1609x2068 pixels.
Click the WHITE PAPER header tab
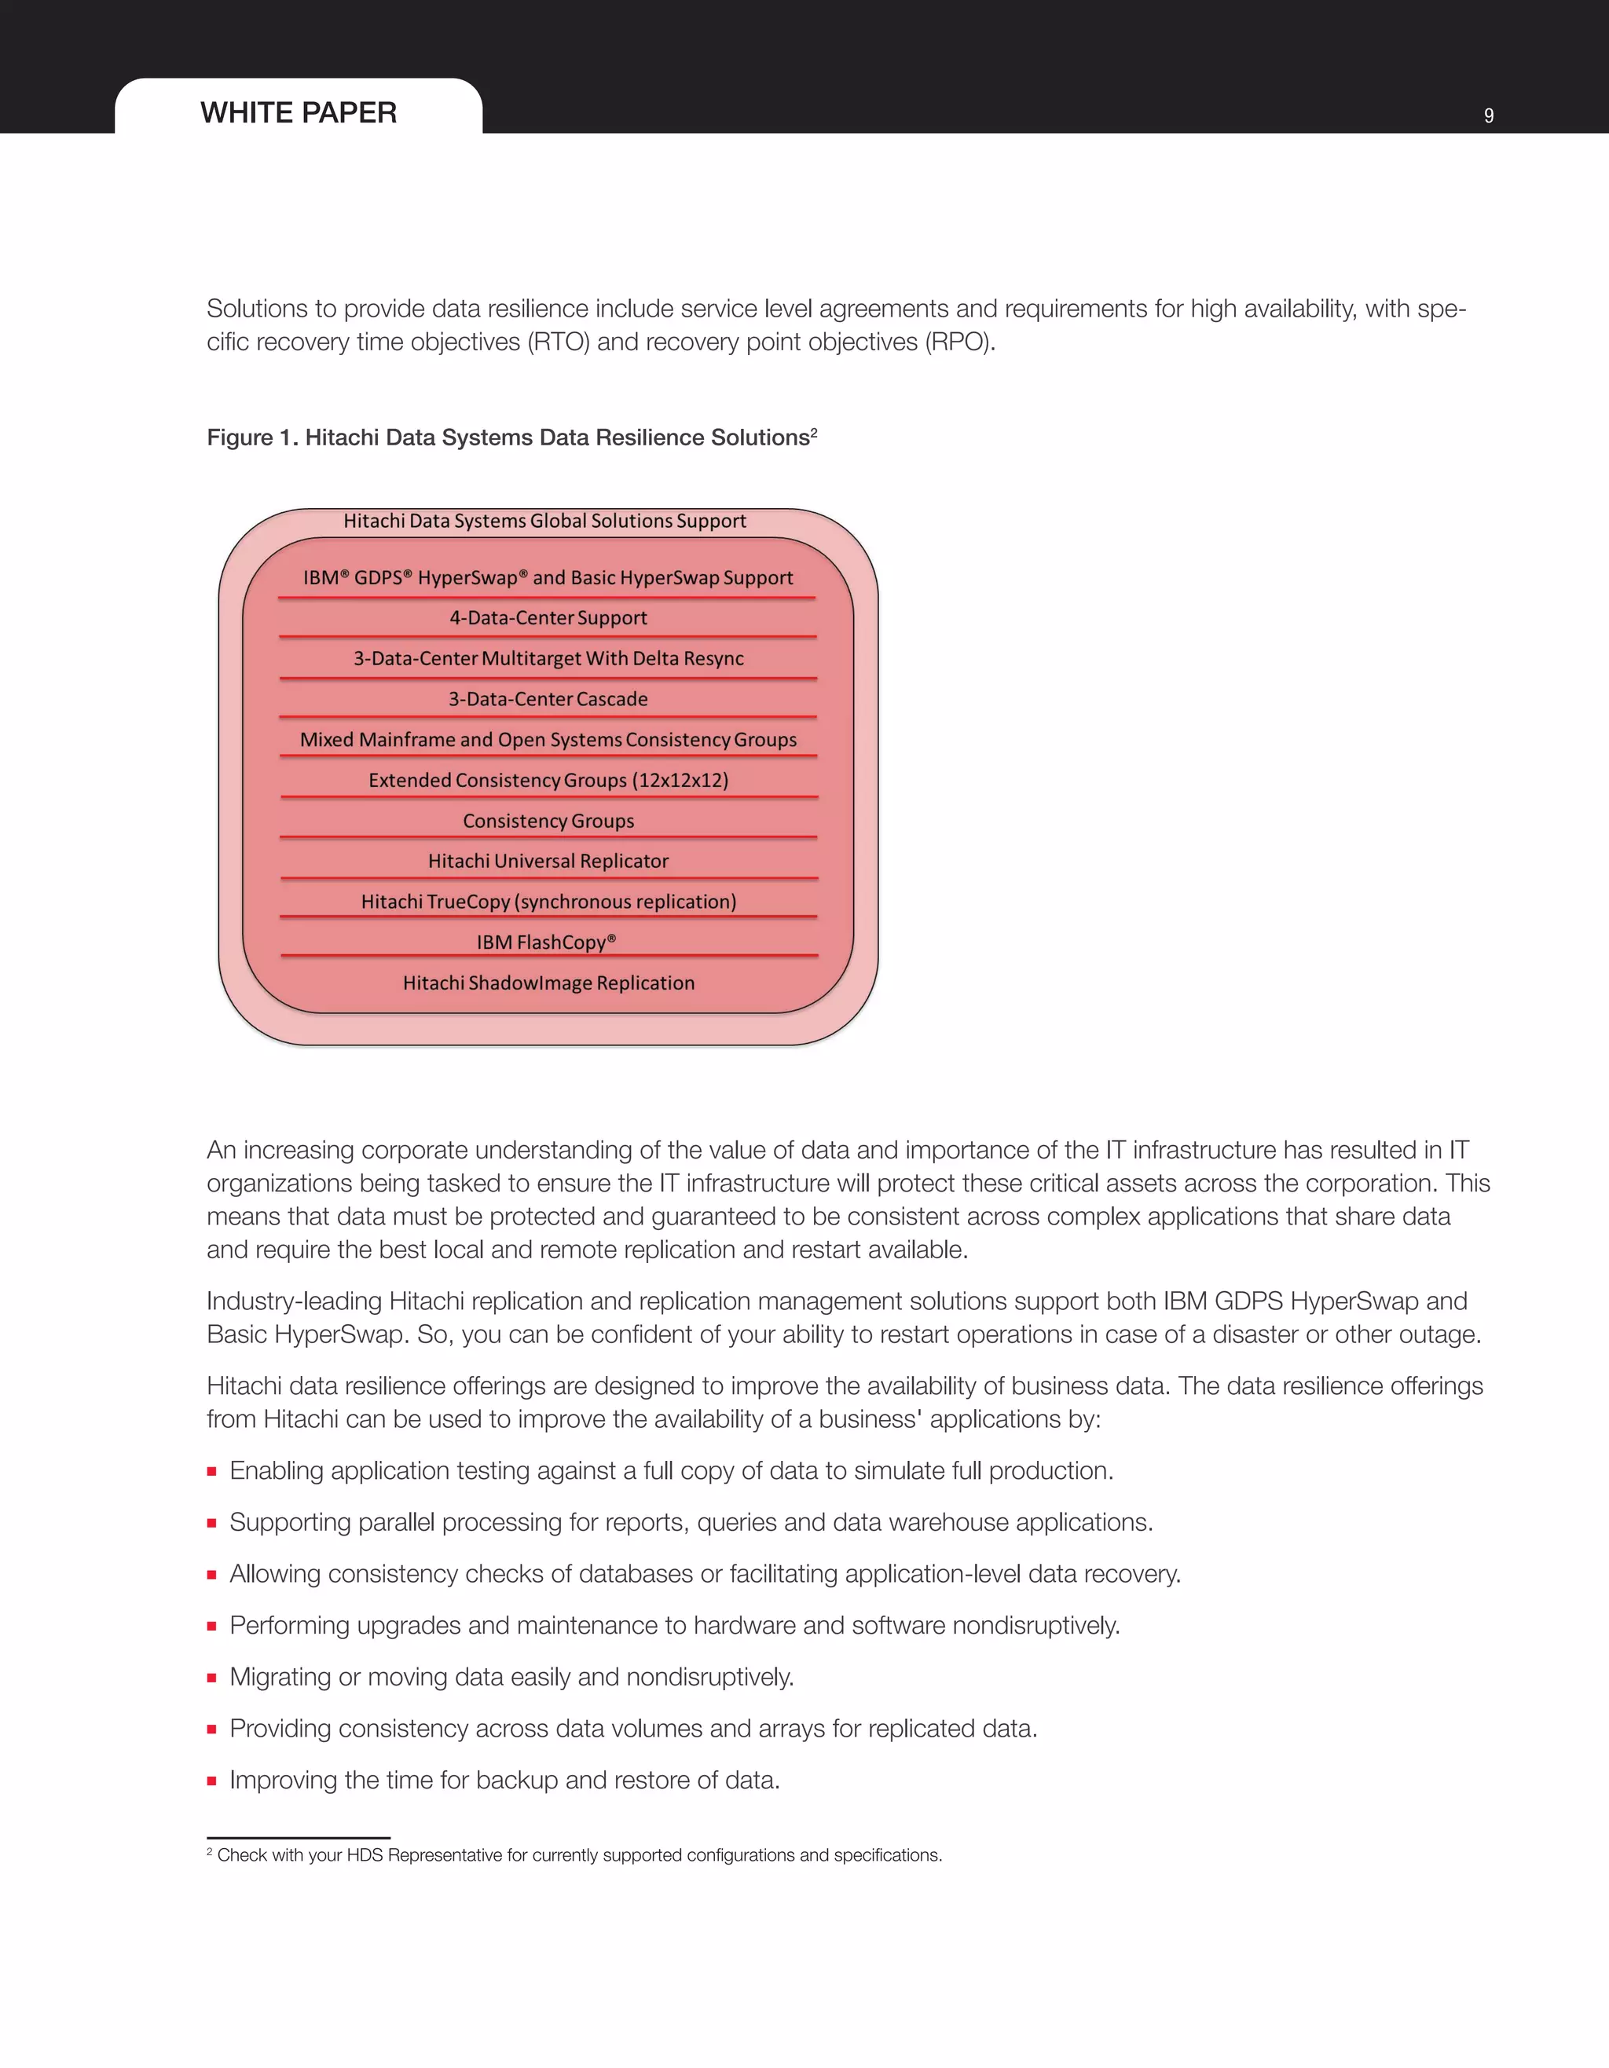click(x=299, y=112)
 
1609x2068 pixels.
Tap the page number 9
click(x=1489, y=115)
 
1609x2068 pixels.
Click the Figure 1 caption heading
click(x=508, y=437)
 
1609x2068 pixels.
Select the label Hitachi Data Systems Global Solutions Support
click(x=544, y=521)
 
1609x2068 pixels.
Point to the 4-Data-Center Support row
click(x=548, y=617)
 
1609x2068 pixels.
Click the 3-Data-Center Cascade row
click(x=548, y=699)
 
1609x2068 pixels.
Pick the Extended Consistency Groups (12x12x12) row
click(x=548, y=780)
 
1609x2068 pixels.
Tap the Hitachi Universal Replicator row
click(x=548, y=861)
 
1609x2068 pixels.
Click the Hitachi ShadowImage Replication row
click(x=548, y=983)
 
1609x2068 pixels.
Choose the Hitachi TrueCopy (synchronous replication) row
click(x=548, y=902)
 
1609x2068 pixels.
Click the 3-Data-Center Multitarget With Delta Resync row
click(x=548, y=658)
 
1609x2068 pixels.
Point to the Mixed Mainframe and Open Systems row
click(x=548, y=740)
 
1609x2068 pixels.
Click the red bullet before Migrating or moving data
click(x=212, y=1678)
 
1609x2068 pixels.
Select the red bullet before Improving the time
click(x=212, y=1781)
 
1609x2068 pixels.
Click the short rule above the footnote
click(x=299, y=1837)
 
